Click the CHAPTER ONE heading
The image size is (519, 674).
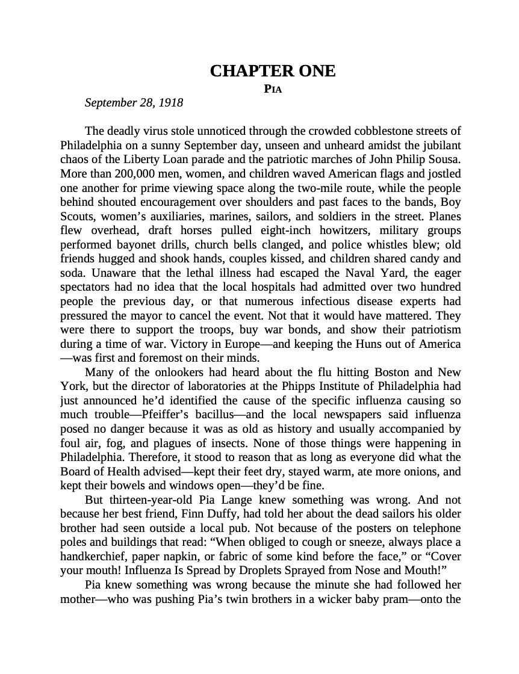(x=272, y=71)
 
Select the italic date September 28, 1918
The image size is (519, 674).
(x=134, y=103)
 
